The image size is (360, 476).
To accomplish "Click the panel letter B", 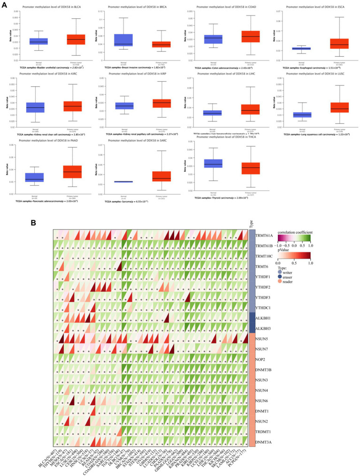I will (x=33, y=223).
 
